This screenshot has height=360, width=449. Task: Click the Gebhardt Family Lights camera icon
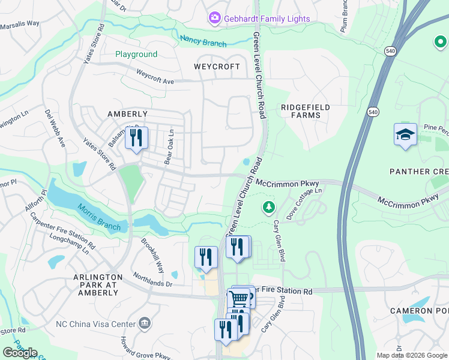coord(215,19)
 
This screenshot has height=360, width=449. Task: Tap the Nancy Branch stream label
coord(203,41)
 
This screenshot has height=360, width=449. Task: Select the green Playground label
coord(136,54)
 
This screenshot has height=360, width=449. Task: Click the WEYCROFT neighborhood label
coord(217,67)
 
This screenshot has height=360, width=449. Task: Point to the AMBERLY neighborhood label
coord(127,114)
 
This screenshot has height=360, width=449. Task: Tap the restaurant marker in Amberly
coord(136,137)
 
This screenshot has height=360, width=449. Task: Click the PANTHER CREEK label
coord(419,172)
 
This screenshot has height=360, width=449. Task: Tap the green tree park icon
coord(268,208)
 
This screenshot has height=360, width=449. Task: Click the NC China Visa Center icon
coord(145,324)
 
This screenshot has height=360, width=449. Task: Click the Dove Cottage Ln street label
coord(304,203)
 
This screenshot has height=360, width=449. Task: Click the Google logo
coord(20,353)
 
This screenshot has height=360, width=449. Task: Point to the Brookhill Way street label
coord(152,254)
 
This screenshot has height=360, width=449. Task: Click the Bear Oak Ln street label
coord(169,146)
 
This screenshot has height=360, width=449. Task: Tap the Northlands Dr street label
coord(152,278)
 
